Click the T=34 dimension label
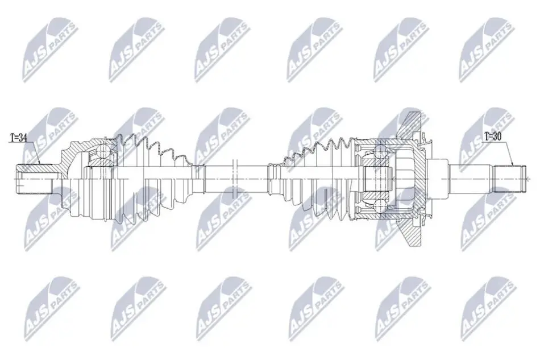point(18,138)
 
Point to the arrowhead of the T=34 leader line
point(39,163)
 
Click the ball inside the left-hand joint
point(102,151)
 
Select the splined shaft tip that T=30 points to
point(509,179)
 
